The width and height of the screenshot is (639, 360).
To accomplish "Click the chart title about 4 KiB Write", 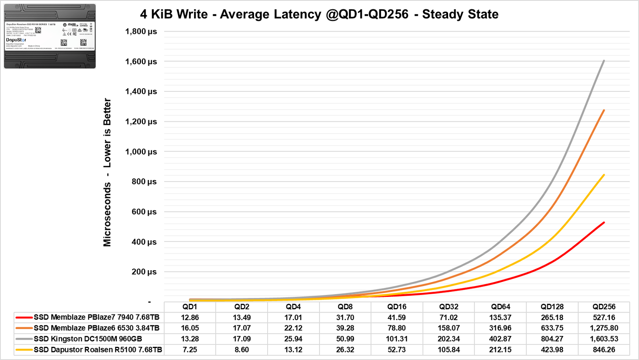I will click(x=319, y=14).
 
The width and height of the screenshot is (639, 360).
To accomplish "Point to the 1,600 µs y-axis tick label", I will click(x=141, y=62).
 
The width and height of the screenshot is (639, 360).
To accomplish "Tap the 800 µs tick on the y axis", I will click(x=144, y=182).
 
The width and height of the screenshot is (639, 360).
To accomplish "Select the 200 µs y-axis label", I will click(x=144, y=272).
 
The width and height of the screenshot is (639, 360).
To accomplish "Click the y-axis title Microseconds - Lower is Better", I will click(x=107, y=172).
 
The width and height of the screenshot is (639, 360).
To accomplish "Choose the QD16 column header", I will click(x=397, y=307).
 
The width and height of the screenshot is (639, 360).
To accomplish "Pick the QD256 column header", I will click(x=604, y=307).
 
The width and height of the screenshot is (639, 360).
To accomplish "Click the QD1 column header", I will click(x=190, y=307).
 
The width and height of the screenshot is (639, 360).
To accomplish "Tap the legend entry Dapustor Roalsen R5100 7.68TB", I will click(x=98, y=350).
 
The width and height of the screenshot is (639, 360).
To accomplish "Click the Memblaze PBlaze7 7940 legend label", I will click(x=96, y=318).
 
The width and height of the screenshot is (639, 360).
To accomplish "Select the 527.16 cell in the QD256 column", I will click(x=604, y=318).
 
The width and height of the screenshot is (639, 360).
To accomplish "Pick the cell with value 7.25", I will click(x=190, y=350).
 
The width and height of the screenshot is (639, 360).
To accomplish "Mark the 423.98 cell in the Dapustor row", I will click(x=552, y=350).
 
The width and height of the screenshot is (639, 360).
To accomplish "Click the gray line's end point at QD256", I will click(x=604, y=61).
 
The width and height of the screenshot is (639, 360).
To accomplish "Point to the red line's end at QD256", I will click(x=604, y=222).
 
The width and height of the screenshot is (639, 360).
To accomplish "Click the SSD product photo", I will click(x=50, y=36).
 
